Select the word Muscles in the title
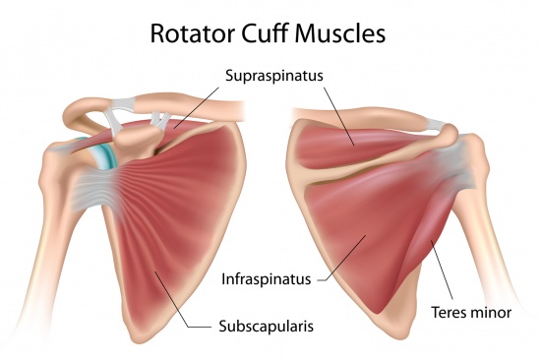coord(346,33)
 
